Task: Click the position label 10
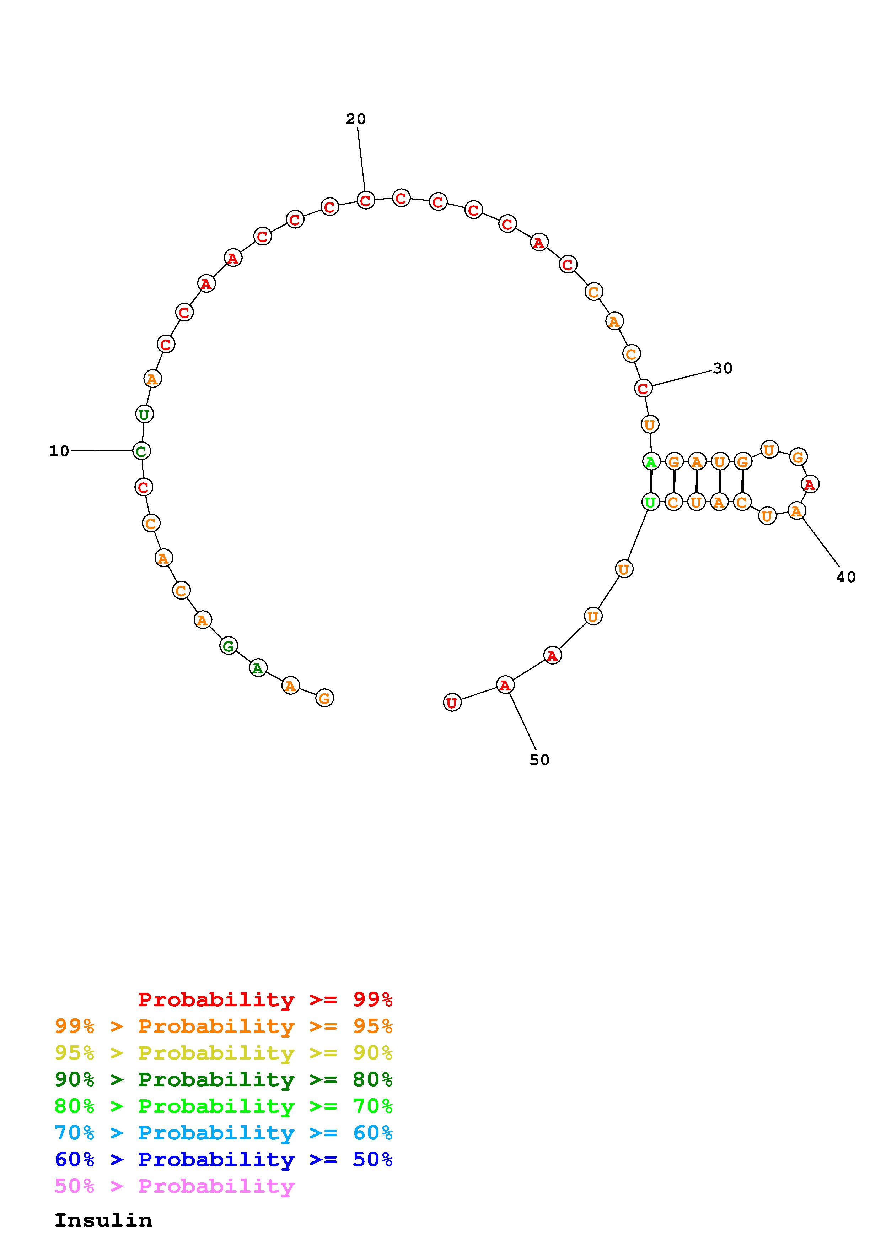click(x=59, y=451)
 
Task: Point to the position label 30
click(x=722, y=368)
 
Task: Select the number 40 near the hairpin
click(x=846, y=578)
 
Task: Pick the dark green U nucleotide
click(x=144, y=415)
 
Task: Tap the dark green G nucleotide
click(x=229, y=646)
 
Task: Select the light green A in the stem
click(x=651, y=462)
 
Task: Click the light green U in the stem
click(x=650, y=502)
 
